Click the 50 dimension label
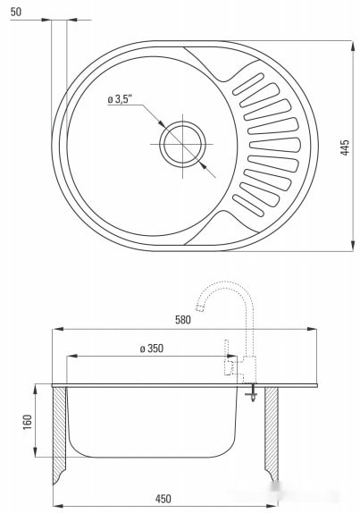16,12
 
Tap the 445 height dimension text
345,147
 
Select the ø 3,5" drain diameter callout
120,99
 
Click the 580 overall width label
183,319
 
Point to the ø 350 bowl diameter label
152,349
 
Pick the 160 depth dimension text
28,422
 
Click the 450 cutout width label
163,499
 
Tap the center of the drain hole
182,144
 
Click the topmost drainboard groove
248,84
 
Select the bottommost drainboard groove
248,206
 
